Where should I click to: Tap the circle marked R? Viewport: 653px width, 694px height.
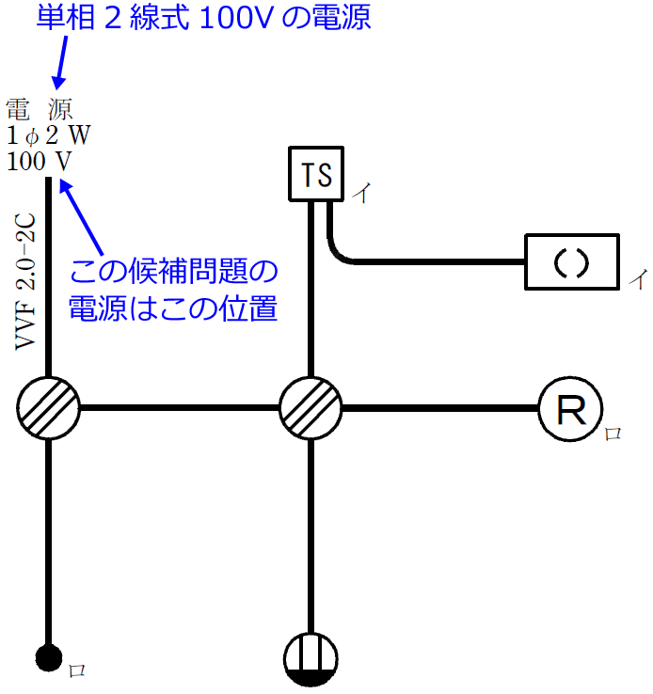tap(567, 409)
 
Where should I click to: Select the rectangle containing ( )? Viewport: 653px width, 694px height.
tap(571, 262)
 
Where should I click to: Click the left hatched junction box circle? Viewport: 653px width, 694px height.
tap(48, 409)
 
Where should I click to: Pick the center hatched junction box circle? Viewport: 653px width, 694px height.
tap(311, 409)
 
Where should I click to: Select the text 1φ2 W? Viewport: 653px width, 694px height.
tap(48, 134)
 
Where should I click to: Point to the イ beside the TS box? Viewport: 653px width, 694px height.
tap(360, 195)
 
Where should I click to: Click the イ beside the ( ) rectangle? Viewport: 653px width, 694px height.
tap(637, 279)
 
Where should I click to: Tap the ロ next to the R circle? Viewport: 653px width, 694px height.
tap(613, 434)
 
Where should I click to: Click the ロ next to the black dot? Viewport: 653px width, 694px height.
tap(78, 670)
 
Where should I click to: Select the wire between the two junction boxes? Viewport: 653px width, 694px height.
tap(179, 409)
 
